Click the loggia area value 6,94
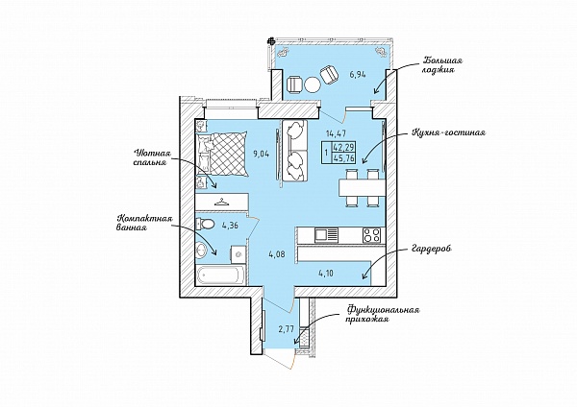(358, 75)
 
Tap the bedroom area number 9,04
(262, 155)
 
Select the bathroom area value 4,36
(230, 226)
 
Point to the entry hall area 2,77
(286, 328)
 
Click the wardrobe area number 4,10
(326, 273)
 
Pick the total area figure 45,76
(343, 158)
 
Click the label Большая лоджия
(442, 64)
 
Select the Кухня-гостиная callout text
(448, 132)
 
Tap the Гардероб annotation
(431, 249)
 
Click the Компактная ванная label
(142, 224)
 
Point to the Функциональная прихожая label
(383, 315)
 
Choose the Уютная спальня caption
(150, 156)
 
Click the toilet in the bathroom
(205, 224)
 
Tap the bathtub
(221, 275)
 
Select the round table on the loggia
(313, 84)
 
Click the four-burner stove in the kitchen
(371, 235)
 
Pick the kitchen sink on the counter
(326, 235)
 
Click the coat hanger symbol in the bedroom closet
(221, 202)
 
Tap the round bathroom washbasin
(201, 251)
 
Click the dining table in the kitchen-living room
(363, 188)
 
